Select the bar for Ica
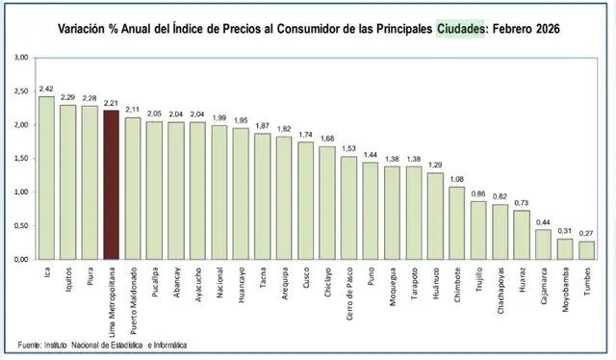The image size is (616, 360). [46, 178]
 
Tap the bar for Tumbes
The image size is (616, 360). [586, 250]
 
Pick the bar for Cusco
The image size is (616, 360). [306, 201]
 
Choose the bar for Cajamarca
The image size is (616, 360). [543, 244]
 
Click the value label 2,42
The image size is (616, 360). [46, 90]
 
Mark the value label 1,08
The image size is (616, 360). [456, 180]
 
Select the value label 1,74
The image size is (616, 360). [306, 136]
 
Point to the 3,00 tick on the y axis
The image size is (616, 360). [21, 59]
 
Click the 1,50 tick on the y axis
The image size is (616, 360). [21, 159]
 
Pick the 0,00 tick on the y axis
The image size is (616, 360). [21, 260]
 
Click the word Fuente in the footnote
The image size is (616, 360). [30, 344]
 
